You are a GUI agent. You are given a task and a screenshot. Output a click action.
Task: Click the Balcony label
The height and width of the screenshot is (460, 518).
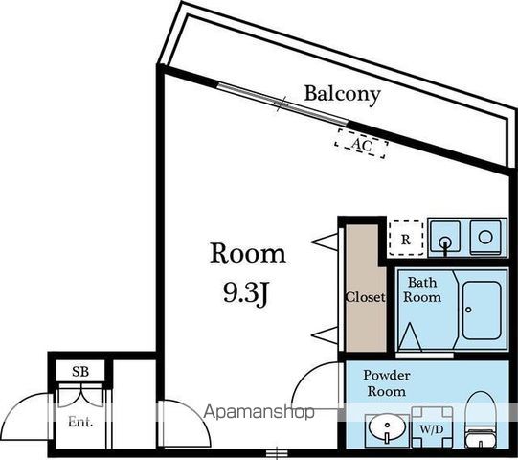pos(342,95)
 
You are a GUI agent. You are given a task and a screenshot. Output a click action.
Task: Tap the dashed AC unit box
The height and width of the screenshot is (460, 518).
pos(361,144)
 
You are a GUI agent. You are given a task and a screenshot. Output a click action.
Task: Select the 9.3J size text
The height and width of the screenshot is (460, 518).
pos(245,293)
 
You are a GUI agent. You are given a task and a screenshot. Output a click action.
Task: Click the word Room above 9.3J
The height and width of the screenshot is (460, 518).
pos(248,254)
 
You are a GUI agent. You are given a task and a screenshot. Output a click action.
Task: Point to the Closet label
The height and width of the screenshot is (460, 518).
pos(366,297)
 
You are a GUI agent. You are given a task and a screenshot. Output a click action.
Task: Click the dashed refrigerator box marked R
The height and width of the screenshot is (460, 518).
pos(406,238)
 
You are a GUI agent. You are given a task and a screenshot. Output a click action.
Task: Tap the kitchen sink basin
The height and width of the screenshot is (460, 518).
pos(445,237)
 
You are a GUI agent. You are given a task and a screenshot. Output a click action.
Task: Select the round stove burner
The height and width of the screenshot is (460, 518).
pos(485,237)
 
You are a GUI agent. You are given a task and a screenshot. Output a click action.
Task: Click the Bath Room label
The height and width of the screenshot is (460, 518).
pos(422,289)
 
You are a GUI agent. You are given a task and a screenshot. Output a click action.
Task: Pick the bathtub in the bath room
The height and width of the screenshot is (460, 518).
pos(482,310)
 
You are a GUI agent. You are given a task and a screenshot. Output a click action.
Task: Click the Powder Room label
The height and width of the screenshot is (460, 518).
pos(387,383)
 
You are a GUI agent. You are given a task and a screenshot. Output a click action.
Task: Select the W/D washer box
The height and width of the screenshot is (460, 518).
pos(432,426)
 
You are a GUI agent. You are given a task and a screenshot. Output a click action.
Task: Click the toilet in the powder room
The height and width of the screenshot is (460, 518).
pos(481,420)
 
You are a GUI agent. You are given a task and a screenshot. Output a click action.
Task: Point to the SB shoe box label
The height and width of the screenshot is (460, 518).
pos(80,372)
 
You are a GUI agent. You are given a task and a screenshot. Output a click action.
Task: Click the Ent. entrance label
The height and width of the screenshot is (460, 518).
pos(80,422)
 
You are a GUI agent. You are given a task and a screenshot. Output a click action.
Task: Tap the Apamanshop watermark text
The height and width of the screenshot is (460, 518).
pos(259,412)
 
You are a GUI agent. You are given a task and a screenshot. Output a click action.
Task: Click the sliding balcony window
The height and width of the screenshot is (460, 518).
pos(282,103)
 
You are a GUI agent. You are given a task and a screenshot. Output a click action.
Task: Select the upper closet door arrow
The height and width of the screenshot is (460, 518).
pos(325,241)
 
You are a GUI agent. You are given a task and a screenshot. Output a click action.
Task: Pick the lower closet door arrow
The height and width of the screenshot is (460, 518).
pos(325,335)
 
